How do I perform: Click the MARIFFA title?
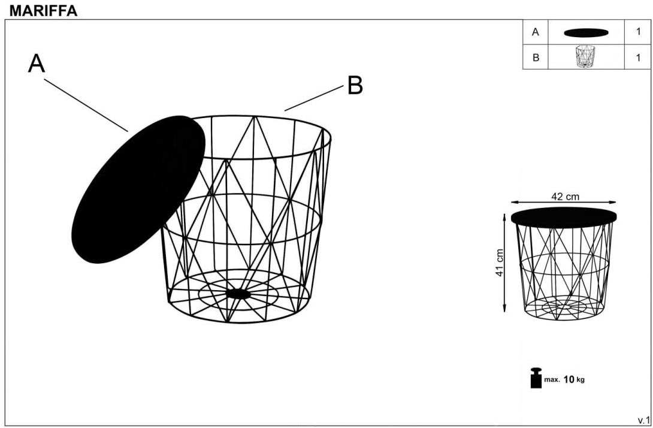(43, 11)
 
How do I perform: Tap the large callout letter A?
(37, 64)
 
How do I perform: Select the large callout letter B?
(355, 85)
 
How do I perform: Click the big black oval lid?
(138, 189)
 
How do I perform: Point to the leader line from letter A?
(86, 105)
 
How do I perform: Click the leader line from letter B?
(314, 98)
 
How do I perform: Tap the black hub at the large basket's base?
(238, 294)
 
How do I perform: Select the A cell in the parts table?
(536, 32)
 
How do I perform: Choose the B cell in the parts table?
(536, 57)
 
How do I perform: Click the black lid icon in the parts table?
(586, 32)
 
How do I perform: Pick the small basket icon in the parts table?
(585, 56)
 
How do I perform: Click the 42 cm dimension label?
(565, 196)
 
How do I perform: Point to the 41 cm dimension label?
(500, 263)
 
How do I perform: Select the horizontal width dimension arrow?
(564, 203)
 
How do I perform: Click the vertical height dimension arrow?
(504, 263)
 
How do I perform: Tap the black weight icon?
(536, 378)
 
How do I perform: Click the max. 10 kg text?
(564, 379)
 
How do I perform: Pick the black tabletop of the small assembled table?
(564, 218)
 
